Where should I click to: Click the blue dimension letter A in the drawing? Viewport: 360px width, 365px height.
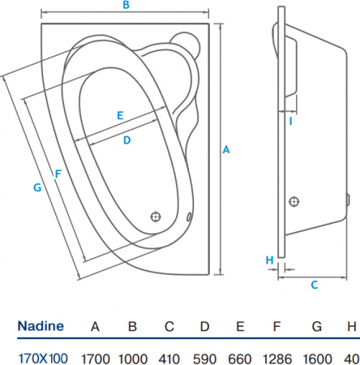coord(226,149)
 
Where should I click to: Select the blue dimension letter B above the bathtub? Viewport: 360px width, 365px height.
coord(126,6)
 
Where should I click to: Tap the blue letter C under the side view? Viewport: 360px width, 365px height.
coord(313,284)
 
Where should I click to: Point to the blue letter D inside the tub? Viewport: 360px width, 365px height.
coord(126,140)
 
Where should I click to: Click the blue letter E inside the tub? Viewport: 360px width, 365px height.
coord(119,115)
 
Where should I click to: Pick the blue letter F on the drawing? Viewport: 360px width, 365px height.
coord(57,173)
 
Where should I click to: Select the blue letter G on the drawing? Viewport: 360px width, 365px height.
coord(37,187)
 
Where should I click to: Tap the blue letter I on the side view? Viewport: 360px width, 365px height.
coord(290,122)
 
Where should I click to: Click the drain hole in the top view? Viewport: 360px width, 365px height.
coord(156,217)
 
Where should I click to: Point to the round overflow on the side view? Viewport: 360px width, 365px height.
coord(294,202)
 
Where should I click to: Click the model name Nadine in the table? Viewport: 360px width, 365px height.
coord(41,327)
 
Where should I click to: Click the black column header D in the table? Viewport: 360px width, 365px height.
coord(204,327)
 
